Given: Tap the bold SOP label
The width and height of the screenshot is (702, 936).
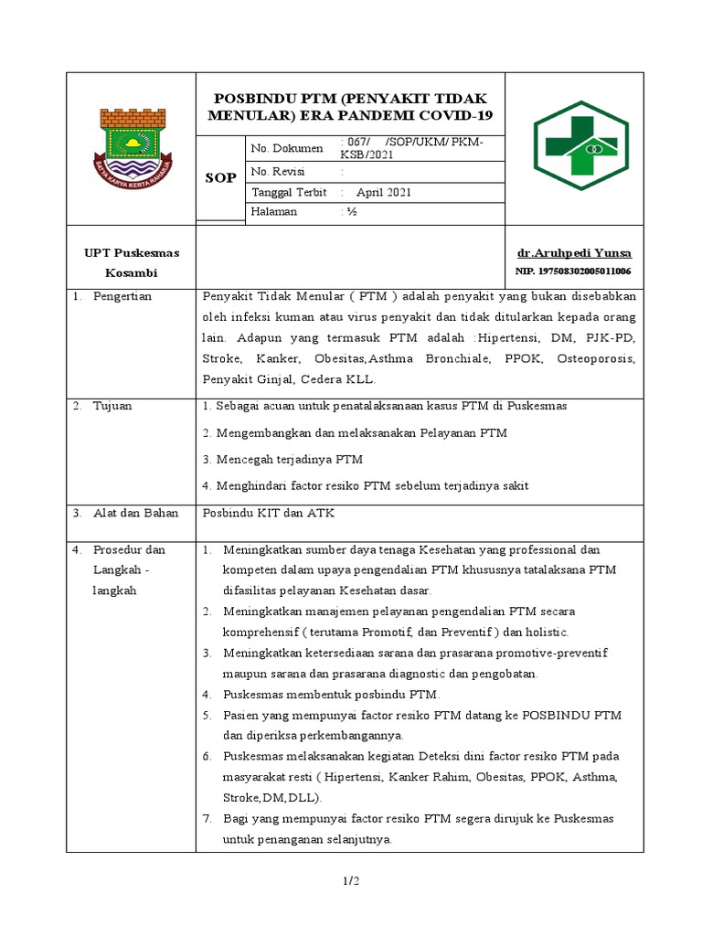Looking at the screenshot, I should pyautogui.click(x=219, y=177).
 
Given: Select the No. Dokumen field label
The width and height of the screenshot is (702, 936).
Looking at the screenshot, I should pyautogui.click(x=287, y=148).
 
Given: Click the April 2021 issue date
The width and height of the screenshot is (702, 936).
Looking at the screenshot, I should pyautogui.click(x=384, y=192).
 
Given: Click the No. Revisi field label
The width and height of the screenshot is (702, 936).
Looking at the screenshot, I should pyautogui.click(x=278, y=171).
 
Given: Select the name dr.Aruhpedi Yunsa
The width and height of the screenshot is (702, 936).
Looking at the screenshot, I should pyautogui.click(x=574, y=253).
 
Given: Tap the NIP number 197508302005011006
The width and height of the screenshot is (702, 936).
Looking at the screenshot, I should pyautogui.click(x=573, y=271).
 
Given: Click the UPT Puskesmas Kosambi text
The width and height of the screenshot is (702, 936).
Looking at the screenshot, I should pyautogui.click(x=132, y=262).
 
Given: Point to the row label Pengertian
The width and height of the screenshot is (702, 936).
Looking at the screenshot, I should pyautogui.click(x=122, y=296).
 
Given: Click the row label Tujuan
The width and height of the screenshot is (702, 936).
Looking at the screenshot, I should pyautogui.click(x=112, y=406).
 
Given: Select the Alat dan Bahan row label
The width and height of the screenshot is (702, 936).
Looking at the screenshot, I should pyautogui.click(x=135, y=513).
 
